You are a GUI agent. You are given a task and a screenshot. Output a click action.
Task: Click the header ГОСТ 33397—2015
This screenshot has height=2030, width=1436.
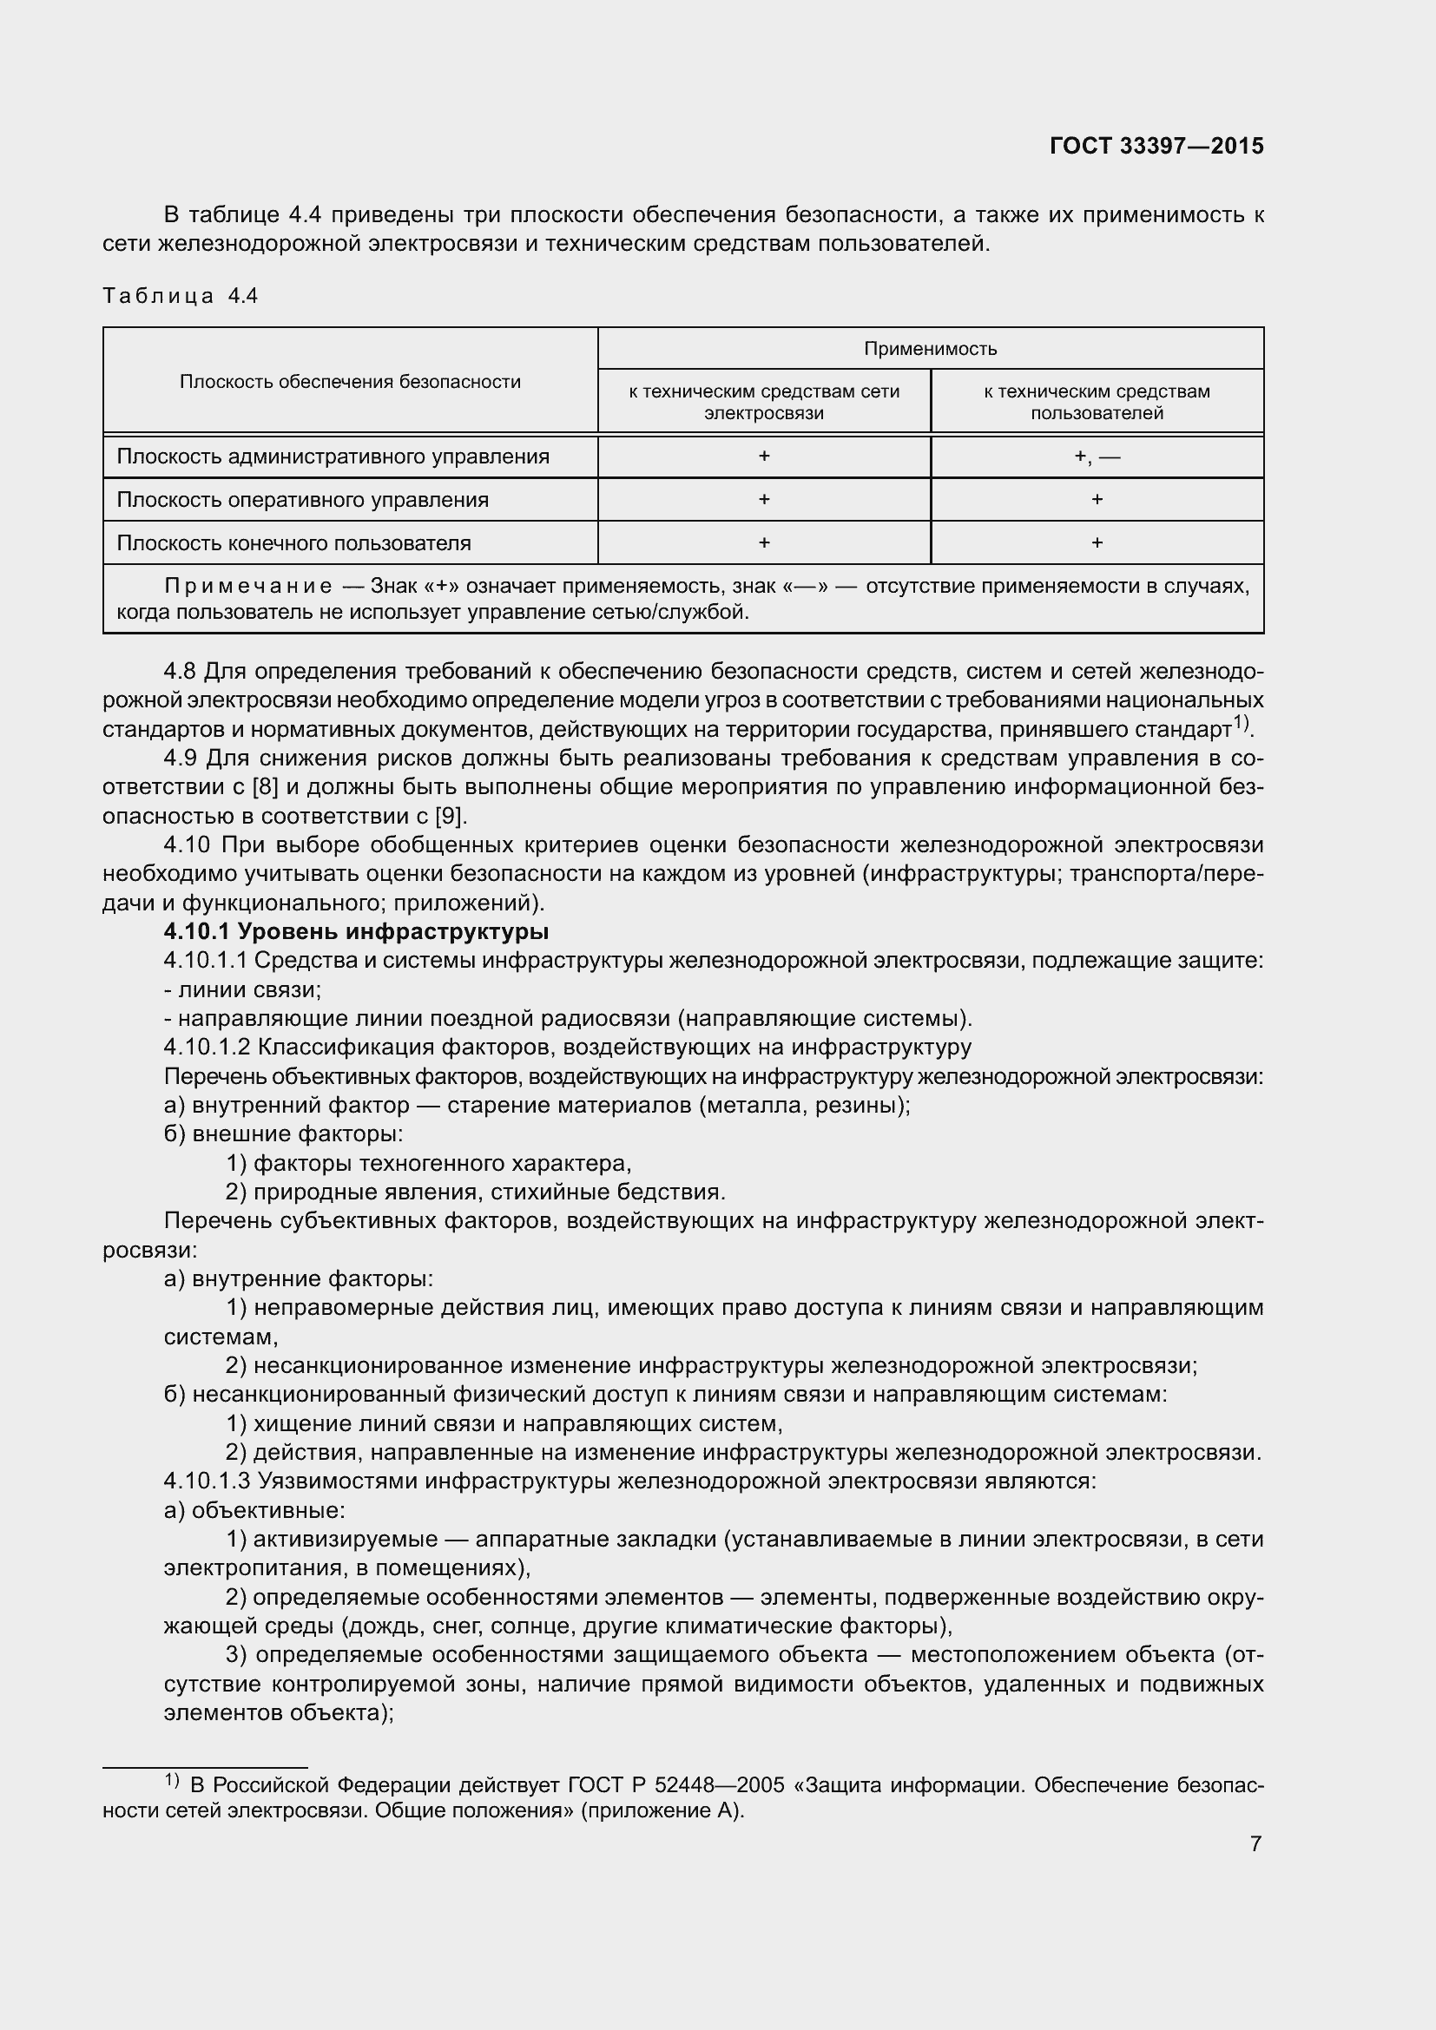1156,146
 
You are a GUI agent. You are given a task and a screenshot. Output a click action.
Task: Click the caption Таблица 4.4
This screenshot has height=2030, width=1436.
181,296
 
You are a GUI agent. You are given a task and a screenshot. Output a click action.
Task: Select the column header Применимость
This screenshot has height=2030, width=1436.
929,349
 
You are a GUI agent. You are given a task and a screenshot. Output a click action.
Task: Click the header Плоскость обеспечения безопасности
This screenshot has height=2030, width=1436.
350,382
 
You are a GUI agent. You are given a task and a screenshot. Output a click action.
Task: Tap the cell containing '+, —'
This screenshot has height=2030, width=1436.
1097,457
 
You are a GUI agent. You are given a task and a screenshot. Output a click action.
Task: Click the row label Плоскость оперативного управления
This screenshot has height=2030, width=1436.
302,501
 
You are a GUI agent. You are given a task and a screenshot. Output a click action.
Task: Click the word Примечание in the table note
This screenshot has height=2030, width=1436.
247,587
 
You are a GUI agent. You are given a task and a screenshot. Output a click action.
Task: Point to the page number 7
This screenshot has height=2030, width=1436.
1255,1843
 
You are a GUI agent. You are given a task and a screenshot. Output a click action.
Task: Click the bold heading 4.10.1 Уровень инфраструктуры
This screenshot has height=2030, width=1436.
355,932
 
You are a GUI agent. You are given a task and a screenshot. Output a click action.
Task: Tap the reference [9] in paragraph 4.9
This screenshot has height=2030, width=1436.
451,816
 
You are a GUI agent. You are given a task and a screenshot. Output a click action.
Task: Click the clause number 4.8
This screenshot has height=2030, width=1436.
181,672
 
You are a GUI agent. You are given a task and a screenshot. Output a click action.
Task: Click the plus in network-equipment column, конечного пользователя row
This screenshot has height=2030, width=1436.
764,542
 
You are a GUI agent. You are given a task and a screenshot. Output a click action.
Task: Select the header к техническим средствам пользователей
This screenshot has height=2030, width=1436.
1097,403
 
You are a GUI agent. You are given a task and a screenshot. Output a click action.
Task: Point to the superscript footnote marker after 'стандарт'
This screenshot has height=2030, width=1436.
1242,722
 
